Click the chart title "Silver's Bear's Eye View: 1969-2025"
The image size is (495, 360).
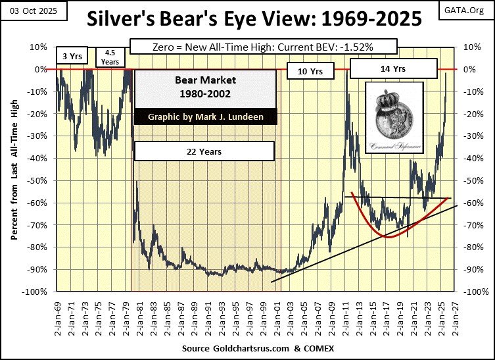[247, 20]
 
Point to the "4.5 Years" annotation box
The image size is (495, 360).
[110, 58]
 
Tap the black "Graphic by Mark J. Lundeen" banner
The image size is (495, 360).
[204, 117]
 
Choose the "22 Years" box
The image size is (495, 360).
[204, 152]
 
